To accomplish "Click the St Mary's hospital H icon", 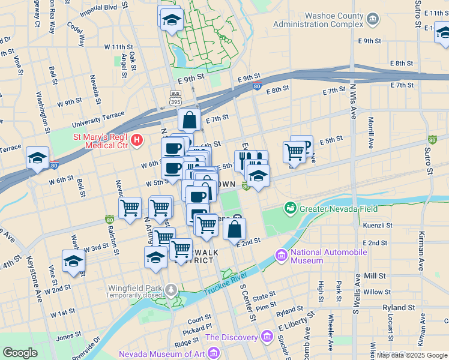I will [137, 140].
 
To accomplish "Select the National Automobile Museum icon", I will [281, 256].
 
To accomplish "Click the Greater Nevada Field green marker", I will [291, 208].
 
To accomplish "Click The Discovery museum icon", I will [266, 337].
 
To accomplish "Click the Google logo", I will [20, 353].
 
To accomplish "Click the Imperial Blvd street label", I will [94, 8].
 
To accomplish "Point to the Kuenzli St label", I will [378, 226].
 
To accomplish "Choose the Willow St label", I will [377, 292].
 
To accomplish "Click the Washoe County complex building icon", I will [373, 19].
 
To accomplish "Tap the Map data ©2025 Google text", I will [412, 355].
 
